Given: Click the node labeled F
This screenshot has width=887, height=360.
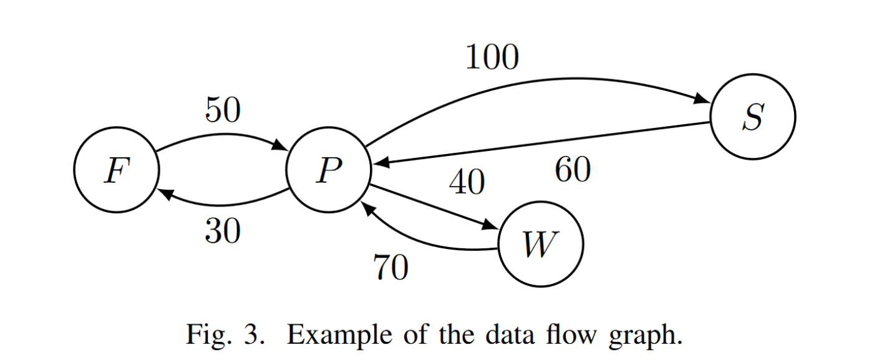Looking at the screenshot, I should point(117,170).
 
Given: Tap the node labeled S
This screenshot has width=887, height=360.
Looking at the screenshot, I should point(753,117).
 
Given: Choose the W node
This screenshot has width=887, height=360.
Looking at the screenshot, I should point(541,244).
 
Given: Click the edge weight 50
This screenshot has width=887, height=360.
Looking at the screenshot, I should point(223,111).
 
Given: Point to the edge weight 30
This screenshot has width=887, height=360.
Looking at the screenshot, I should point(223,232).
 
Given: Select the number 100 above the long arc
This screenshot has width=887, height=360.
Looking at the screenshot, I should point(492,58).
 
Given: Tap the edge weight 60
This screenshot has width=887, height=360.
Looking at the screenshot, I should point(573,170).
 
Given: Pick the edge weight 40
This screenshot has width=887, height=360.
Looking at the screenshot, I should point(467,183).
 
